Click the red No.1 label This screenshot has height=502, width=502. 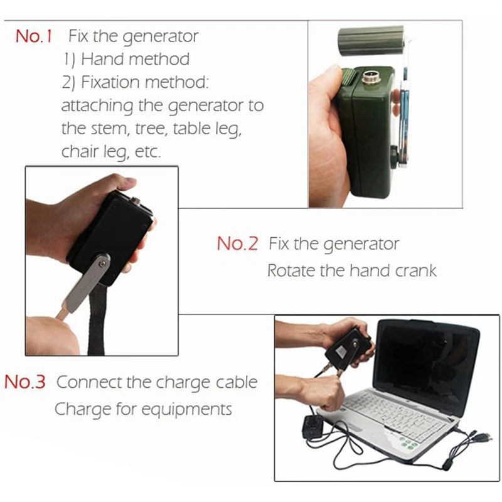(33, 37)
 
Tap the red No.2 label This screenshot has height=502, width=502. (237, 244)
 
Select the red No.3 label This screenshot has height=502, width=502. (25, 382)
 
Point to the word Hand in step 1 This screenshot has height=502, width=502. (101, 60)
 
